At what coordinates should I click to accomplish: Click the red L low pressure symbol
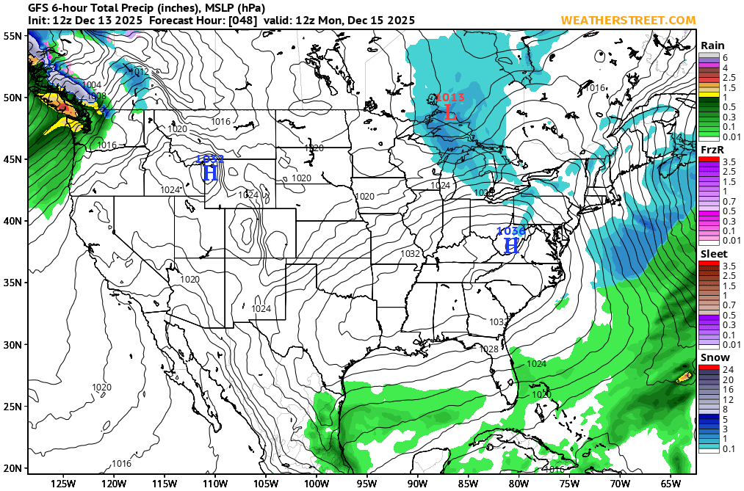tap(450, 114)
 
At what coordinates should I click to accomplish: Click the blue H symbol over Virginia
tap(511, 245)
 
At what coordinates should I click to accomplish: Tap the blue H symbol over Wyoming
tap(210, 172)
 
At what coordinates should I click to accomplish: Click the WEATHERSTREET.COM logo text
tap(628, 20)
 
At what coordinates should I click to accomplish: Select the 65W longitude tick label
tap(670, 483)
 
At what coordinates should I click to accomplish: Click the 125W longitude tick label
tap(64, 483)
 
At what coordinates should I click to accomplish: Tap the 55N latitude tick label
tap(11, 35)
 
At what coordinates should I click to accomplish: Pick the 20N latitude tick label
tap(11, 468)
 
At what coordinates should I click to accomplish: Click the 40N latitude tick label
tap(11, 221)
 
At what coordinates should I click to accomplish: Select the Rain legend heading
tap(712, 46)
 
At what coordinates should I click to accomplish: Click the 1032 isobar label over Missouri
tap(411, 254)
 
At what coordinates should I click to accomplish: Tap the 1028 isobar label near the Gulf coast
tap(488, 349)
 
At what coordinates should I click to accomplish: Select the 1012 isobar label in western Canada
tap(138, 72)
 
